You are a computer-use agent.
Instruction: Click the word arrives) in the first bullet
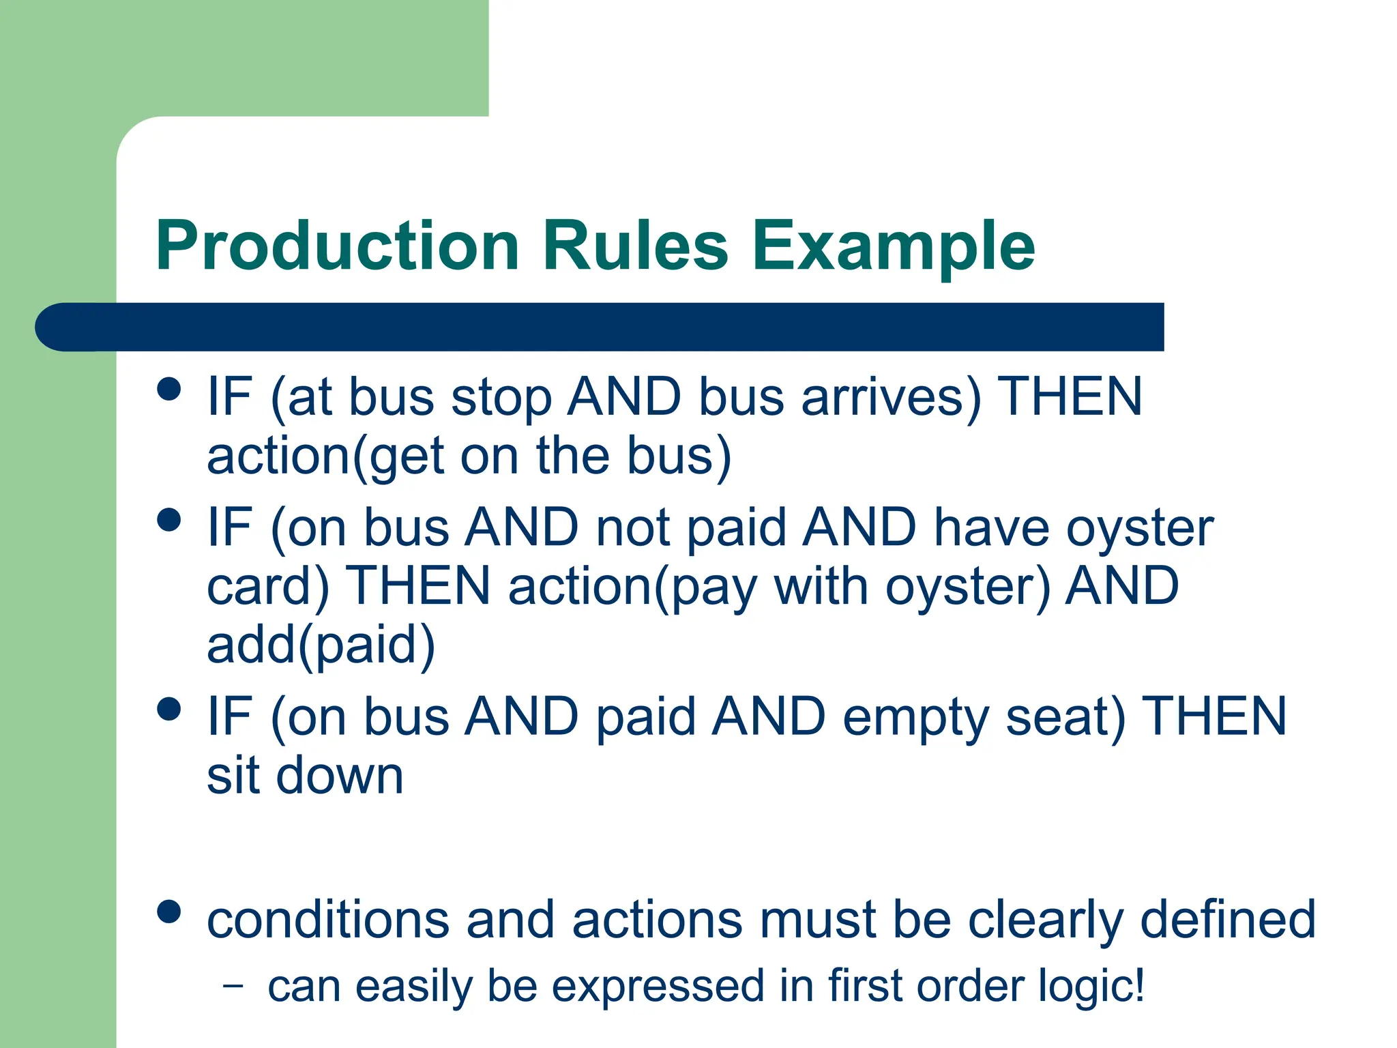click(x=891, y=397)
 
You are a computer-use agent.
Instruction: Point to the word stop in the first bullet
click(x=501, y=398)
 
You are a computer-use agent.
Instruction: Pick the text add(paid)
click(x=321, y=645)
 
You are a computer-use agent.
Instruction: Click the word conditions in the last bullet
click(x=328, y=920)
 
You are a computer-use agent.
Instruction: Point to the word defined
click(x=1227, y=920)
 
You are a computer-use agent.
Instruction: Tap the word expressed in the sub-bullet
click(x=658, y=987)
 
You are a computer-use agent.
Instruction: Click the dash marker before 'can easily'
click(x=233, y=985)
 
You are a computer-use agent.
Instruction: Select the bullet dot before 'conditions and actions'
click(x=168, y=912)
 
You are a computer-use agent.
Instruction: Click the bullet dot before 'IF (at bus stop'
click(x=168, y=390)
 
